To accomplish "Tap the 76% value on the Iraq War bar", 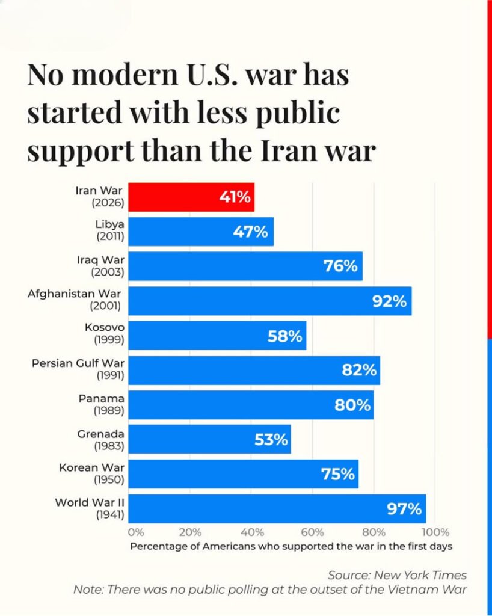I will coord(340,266).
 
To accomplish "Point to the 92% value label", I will coord(389,301).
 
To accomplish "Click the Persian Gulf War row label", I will coord(78,369).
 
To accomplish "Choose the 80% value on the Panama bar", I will coord(352,405).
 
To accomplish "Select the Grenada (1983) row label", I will coord(100,439).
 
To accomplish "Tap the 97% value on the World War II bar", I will coord(404,509).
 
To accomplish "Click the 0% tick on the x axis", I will coord(136,532).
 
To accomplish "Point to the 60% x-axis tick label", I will coord(312,532).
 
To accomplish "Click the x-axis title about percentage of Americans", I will coord(291,546).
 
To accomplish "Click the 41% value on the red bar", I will coord(235,197).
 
